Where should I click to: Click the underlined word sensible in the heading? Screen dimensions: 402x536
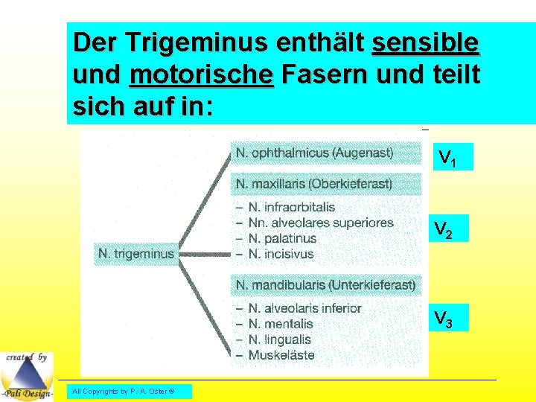(425, 43)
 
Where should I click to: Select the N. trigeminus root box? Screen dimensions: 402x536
(135, 254)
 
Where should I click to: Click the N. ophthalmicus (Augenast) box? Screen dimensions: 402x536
(314, 153)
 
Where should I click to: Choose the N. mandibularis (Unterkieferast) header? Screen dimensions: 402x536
(325, 284)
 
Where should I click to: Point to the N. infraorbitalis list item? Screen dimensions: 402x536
(291, 207)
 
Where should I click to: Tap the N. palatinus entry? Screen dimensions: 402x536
(282, 238)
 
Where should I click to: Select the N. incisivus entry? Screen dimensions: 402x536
(281, 254)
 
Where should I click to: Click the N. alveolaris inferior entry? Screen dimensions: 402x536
(304, 308)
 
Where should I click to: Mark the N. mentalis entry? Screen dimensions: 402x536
(280, 324)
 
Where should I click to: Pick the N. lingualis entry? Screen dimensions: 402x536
(281, 339)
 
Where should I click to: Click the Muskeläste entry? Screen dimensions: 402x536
(281, 355)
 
